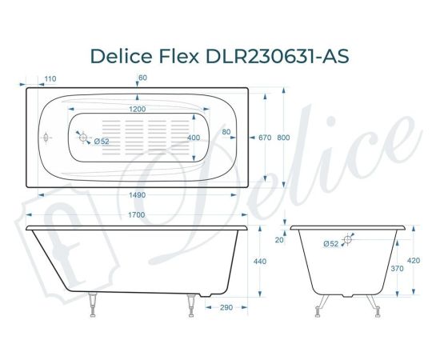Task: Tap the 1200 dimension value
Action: click(138, 109)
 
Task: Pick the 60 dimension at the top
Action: click(142, 78)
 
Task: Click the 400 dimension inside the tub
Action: click(194, 138)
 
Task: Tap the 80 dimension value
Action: click(226, 132)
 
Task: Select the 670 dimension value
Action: click(266, 138)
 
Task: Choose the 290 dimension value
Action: click(226, 307)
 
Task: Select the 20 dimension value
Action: click(278, 239)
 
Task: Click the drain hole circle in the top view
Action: click(83, 138)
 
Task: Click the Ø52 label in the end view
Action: click(330, 243)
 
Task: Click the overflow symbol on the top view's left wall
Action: click(46, 138)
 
